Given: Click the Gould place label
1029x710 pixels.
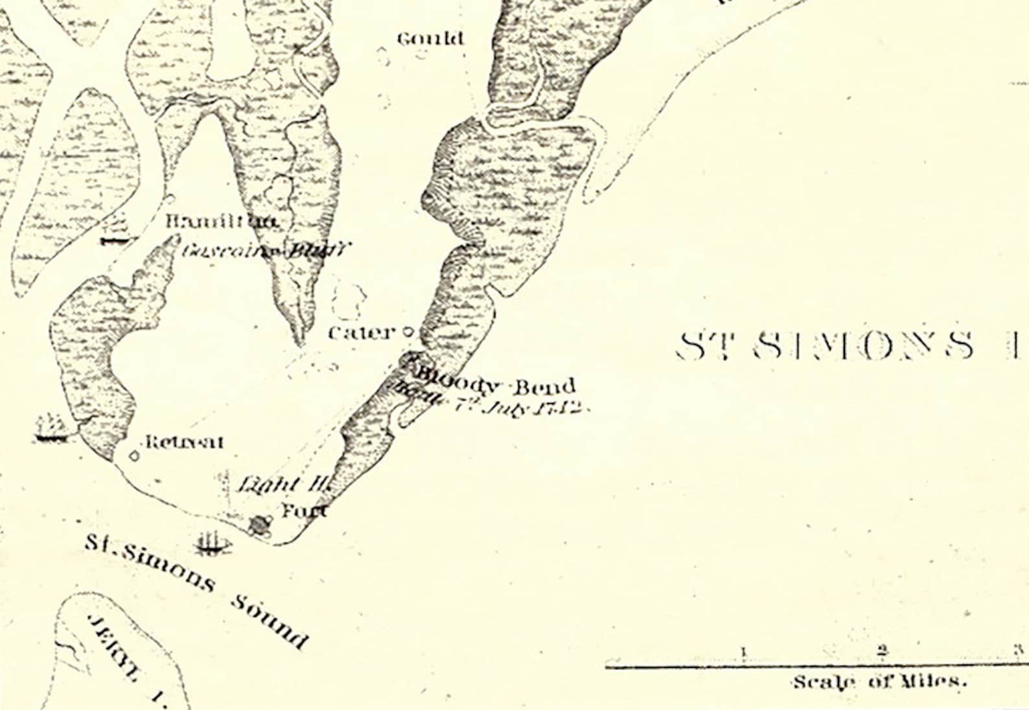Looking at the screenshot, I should [430, 39].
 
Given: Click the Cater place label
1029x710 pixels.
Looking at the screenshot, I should [361, 333].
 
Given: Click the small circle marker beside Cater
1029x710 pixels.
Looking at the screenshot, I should [408, 332].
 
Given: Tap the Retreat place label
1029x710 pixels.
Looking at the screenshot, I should [184, 442].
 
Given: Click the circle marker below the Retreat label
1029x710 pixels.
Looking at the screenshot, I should [134, 456].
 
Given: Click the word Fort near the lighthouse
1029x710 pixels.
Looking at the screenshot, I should [304, 510].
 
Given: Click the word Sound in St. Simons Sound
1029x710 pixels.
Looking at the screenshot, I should [270, 621].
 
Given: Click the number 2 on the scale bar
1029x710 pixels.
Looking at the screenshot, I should [882, 650].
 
